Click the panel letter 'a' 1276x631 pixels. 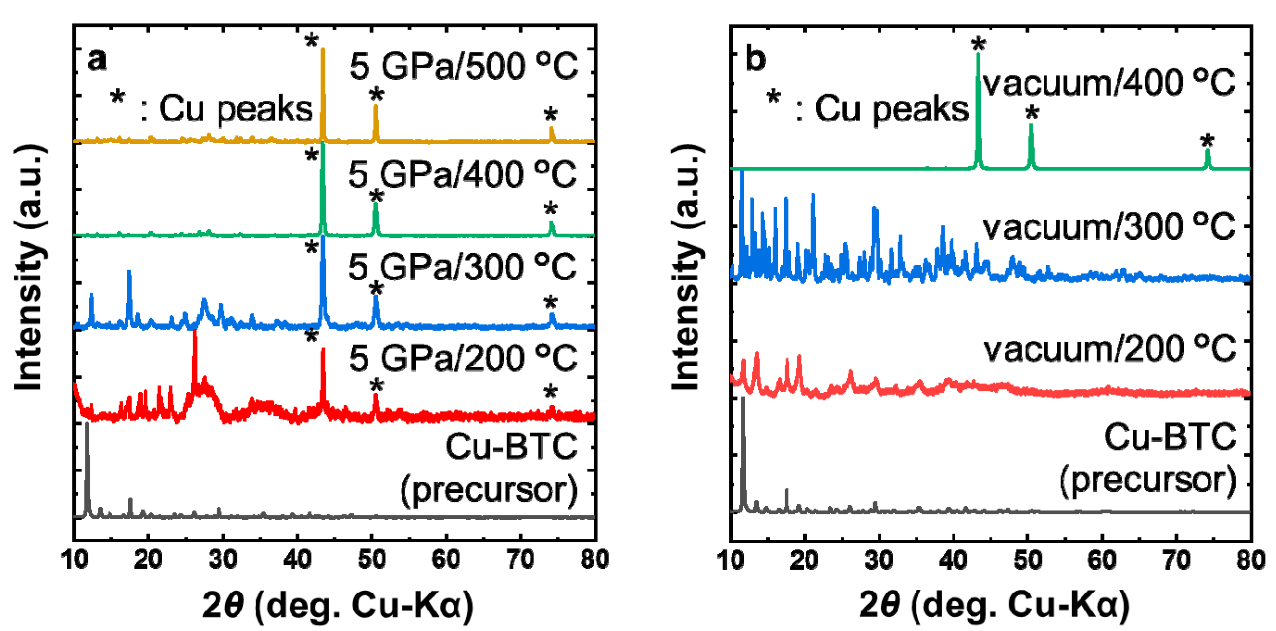coord(97,60)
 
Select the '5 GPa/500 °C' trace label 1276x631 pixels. coord(463,66)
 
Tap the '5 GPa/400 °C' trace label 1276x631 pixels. coord(462,174)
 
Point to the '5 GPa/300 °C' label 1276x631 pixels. coord(462,267)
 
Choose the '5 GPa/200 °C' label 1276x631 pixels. coord(463,358)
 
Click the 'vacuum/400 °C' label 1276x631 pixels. coord(1109,83)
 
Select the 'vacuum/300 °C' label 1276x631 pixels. coord(1109,228)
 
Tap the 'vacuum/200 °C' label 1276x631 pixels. coord(1110,350)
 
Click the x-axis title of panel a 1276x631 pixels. coord(338,606)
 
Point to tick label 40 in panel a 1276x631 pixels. coord(297,560)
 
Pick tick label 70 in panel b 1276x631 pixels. coord(1176,560)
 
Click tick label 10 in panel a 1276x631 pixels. coord(74,560)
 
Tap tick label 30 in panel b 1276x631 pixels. coord(879,560)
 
